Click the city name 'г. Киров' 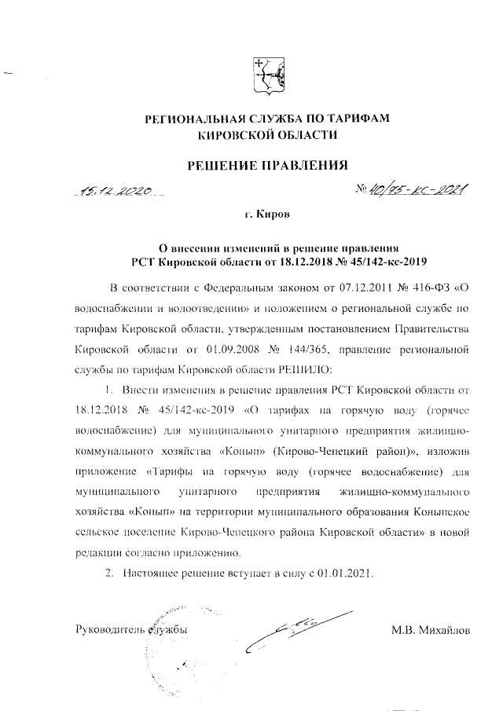tap(266, 214)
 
